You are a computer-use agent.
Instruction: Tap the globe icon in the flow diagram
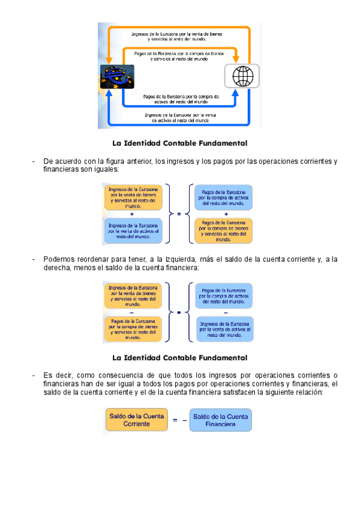(x=243, y=76)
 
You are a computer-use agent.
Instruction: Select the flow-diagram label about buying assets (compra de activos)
(x=181, y=98)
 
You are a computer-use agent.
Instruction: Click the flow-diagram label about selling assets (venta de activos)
(x=181, y=117)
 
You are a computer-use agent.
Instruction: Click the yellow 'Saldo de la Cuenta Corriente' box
(x=136, y=420)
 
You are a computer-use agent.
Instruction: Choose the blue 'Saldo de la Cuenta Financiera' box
(x=220, y=420)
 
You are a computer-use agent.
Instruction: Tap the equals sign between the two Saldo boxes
(x=175, y=420)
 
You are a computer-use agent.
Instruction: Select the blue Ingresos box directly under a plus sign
(x=133, y=230)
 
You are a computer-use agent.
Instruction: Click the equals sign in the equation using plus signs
(x=179, y=213)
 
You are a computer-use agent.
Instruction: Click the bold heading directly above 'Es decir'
(x=180, y=358)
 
